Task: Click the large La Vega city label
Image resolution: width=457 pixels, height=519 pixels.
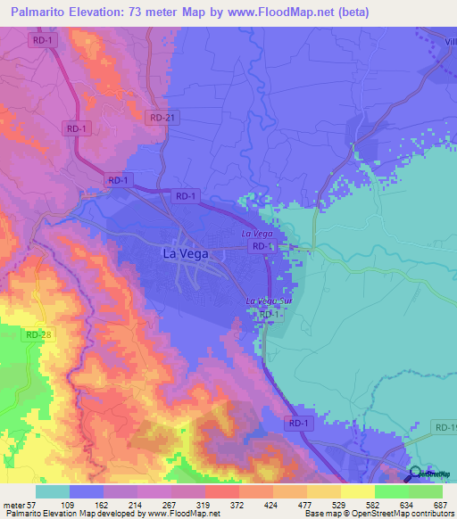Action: (186, 253)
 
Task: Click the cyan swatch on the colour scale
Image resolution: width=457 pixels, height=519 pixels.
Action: (53, 491)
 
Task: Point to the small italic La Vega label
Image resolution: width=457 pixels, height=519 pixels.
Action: (257, 234)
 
